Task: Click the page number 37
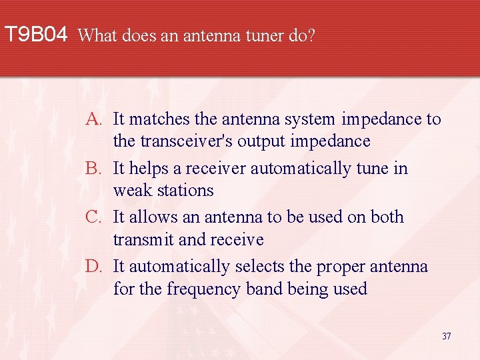pos(446,336)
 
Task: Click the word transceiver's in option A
pos(180,141)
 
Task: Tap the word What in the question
pos(99,35)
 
